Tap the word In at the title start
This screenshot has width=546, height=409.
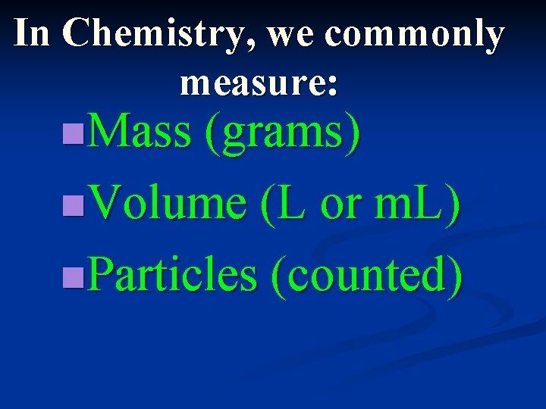[31, 33]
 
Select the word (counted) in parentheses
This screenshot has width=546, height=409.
[366, 275]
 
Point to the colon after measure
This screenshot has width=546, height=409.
[332, 84]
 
